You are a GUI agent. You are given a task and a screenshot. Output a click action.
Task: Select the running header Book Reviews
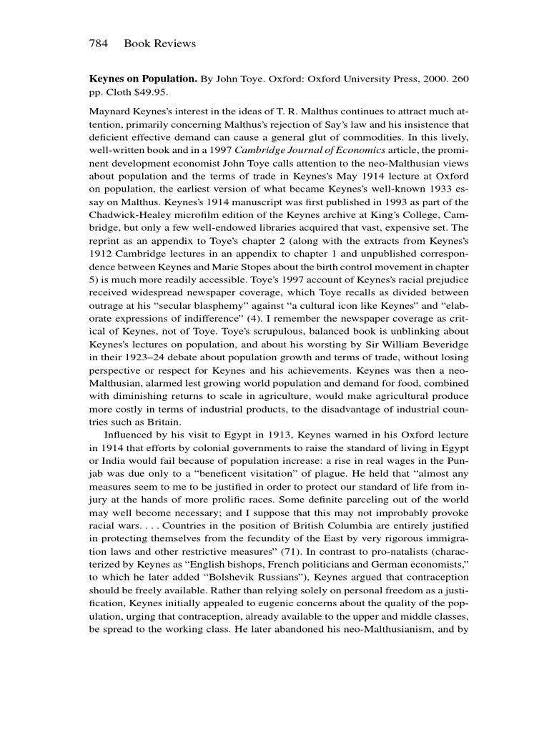tap(159, 44)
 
